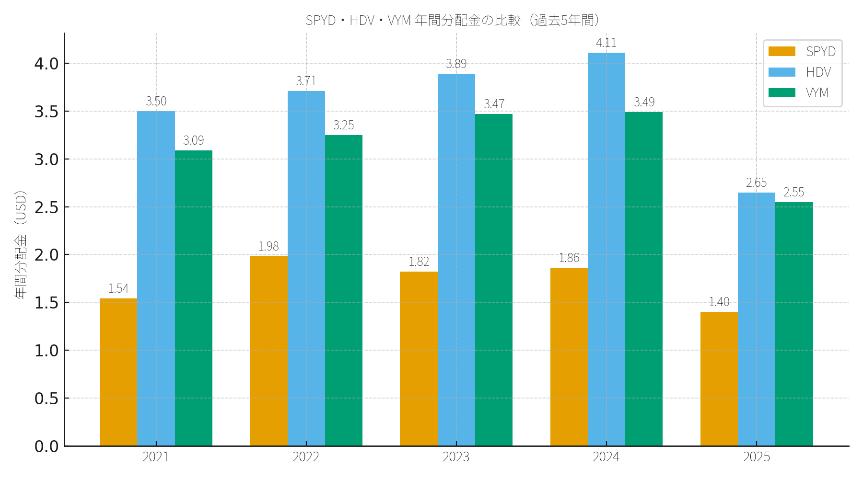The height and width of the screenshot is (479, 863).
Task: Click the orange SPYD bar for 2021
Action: [118, 372]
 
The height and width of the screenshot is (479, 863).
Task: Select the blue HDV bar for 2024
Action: [606, 249]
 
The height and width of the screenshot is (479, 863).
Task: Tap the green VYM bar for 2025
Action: [794, 324]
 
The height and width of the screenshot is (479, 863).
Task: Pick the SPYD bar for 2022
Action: [268, 351]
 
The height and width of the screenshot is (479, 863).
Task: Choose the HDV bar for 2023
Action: [456, 260]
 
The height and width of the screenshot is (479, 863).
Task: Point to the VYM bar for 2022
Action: [344, 290]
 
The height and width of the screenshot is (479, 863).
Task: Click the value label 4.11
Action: [606, 43]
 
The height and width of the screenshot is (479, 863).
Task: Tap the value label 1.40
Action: [719, 302]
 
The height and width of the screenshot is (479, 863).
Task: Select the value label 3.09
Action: [194, 140]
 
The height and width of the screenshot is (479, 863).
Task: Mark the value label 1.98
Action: [268, 246]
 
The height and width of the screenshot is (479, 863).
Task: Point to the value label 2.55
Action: [794, 192]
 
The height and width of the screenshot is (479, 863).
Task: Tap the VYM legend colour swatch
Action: [781, 93]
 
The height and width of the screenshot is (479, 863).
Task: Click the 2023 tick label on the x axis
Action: [456, 457]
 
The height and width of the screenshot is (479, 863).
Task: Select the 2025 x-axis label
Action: [757, 457]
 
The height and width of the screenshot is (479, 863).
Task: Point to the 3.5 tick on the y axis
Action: [46, 112]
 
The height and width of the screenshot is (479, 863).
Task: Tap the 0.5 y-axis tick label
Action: [46, 399]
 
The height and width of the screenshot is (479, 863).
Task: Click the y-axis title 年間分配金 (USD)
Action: [21, 245]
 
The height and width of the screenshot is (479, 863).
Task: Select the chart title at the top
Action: [453, 20]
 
